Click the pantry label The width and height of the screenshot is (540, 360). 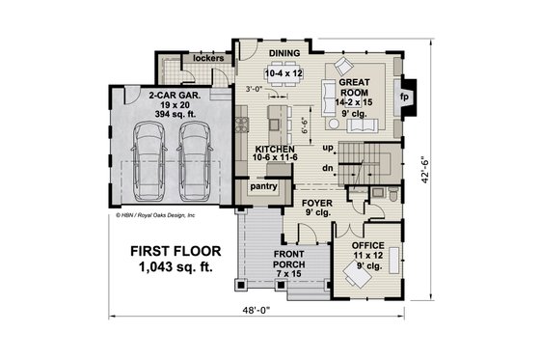263,184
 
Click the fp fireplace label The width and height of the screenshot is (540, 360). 404,98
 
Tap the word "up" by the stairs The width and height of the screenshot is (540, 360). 328,147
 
